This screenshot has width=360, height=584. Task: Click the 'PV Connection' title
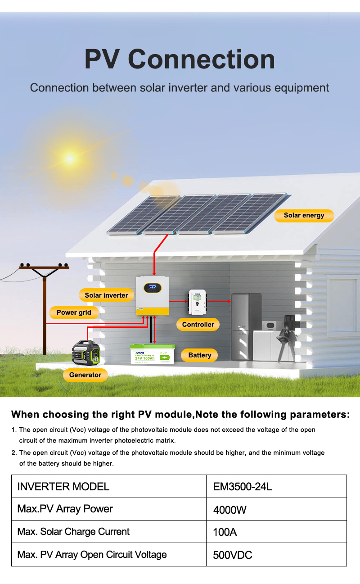180,59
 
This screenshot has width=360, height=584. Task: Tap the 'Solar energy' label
304,215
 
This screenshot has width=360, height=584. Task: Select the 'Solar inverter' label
106,295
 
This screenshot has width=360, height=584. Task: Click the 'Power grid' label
74,312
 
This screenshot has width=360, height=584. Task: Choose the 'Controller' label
198,324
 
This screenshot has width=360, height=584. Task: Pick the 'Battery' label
200,355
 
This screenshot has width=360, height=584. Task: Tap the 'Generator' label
85,375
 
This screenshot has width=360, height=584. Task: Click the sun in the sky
70,158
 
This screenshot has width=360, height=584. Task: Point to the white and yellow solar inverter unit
153,296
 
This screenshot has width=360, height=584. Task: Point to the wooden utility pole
44,311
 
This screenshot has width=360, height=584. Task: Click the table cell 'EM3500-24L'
243,487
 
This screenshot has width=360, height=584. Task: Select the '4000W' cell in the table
229,510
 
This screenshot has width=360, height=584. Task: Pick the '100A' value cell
225,532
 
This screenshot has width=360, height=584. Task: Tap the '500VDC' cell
232,555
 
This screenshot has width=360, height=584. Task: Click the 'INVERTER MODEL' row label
63,486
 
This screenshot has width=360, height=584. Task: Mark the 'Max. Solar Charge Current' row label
73,532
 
